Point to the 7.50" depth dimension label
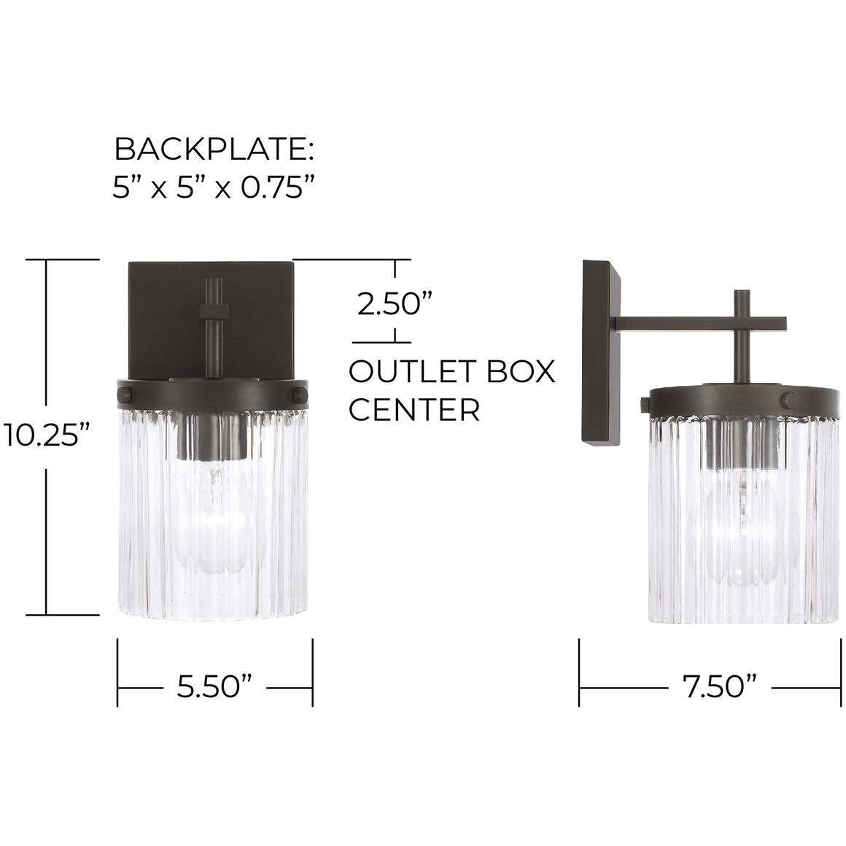[x=719, y=686]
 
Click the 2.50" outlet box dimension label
[x=395, y=302]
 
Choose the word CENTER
[x=414, y=410]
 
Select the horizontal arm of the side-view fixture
[x=700, y=322]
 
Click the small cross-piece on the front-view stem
[x=214, y=311]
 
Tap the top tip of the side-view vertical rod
[x=742, y=292]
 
